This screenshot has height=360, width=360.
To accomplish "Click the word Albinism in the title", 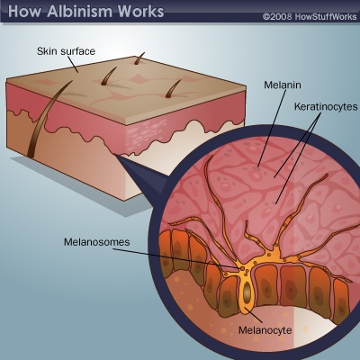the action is pos(80,11).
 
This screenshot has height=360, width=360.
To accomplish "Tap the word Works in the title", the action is pos(140,11).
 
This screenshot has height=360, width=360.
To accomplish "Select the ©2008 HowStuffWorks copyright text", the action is pos(310,16).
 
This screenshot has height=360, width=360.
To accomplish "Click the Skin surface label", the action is pos(66,51).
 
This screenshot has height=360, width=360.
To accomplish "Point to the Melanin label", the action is pos(283,85).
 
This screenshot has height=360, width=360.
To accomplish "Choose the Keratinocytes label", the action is pos(326,106).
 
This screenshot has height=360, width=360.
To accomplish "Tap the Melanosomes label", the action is pos(97,242).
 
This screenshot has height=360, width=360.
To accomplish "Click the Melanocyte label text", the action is pos(265,330).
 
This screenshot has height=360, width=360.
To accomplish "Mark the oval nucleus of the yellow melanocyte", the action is pos(247,292).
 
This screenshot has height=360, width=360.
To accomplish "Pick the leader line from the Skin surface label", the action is pos(73,64).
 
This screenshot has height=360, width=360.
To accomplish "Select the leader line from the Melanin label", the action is pos(271,128).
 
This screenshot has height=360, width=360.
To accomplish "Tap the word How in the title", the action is pos(25,11).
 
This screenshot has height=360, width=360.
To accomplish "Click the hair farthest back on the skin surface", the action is pos(138,58).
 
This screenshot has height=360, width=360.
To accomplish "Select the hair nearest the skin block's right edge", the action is pos(173,89).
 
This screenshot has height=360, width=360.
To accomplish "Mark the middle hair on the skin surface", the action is pos(108,76).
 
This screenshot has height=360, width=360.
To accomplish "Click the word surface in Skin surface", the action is pos(78,51).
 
